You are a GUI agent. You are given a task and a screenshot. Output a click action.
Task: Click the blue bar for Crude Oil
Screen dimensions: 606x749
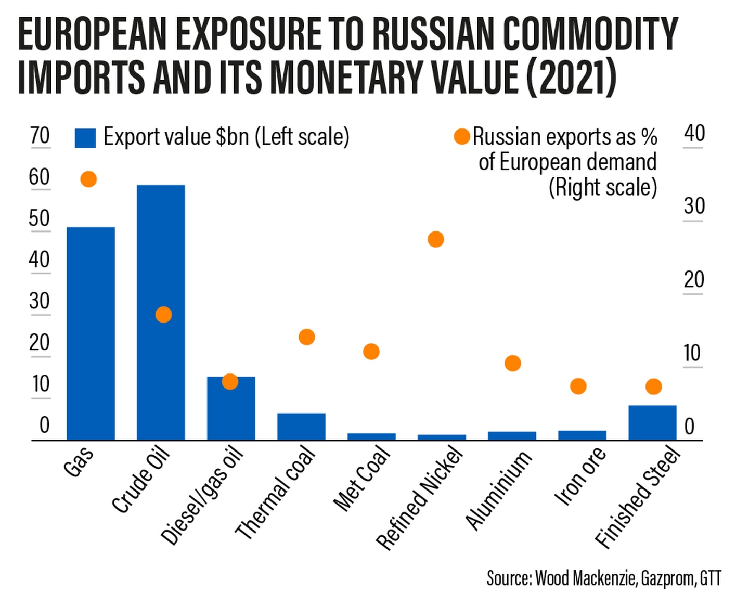pos(161,312)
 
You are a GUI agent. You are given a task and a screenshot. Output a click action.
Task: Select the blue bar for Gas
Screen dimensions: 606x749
pos(91,333)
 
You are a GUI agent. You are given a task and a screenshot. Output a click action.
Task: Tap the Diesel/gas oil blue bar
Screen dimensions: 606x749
pos(231,408)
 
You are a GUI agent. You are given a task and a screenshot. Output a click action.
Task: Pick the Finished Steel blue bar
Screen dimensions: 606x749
pos(652,422)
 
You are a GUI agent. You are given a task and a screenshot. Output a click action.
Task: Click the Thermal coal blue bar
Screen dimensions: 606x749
pos(301,427)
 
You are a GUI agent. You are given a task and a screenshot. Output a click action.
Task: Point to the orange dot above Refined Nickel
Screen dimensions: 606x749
pos(435,239)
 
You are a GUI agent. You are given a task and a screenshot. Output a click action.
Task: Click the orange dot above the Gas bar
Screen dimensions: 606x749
pos(88,179)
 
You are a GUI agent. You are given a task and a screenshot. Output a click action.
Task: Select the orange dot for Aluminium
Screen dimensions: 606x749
pos(513,363)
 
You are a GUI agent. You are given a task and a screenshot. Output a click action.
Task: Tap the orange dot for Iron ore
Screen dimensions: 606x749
pos(578,386)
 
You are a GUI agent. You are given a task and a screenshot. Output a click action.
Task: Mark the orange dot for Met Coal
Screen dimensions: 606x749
pos(371,352)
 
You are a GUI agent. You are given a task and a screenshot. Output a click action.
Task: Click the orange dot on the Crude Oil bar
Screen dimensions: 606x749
pos(163,315)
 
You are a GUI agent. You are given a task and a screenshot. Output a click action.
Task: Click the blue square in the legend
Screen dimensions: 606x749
pos(85,138)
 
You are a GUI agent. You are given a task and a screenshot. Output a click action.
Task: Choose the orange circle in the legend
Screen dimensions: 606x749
pos(462,136)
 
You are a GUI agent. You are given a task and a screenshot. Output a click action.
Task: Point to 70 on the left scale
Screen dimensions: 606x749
pos(40,136)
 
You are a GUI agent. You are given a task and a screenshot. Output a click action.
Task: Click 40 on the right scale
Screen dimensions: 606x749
pos(694,134)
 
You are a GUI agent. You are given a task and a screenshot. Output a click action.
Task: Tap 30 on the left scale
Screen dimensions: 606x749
pos(40,301)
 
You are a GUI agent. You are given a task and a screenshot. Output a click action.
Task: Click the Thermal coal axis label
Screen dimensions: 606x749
pos(276,493)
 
